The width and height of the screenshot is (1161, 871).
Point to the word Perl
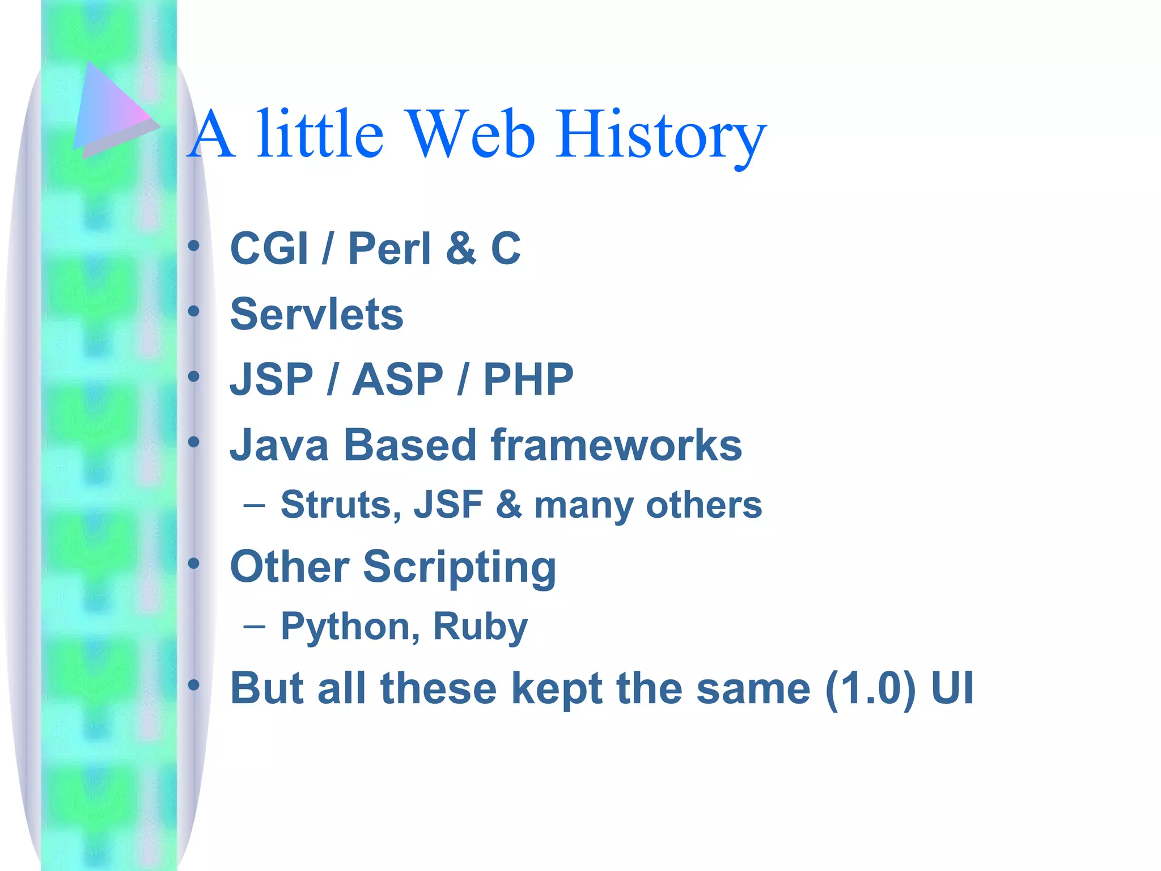(389, 248)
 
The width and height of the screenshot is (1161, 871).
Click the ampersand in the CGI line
(460, 248)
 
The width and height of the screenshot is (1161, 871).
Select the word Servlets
(316, 314)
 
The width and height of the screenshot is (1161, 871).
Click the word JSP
(271, 379)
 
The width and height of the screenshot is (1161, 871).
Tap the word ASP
(397, 379)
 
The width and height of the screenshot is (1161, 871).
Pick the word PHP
(528, 379)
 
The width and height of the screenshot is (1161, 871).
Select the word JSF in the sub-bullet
(448, 505)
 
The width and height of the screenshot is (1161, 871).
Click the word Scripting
(459, 567)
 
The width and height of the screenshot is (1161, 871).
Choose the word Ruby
(480, 627)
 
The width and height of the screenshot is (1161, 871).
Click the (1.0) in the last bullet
(870, 688)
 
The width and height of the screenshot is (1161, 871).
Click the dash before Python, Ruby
(254, 626)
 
